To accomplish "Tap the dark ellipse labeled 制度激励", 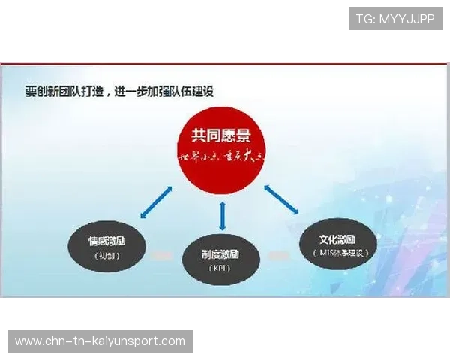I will coord(221,259).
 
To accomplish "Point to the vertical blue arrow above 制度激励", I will coord(222,215).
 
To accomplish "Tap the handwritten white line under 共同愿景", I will coord(221,157).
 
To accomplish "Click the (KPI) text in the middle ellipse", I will coord(221,267).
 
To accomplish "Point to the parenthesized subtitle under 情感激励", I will coord(106,255).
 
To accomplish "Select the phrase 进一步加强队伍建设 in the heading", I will coord(166,92).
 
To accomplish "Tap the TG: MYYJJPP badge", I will coord(395,19).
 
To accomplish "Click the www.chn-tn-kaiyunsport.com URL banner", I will coord(100,341).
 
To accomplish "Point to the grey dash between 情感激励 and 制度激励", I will coord(163,256).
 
